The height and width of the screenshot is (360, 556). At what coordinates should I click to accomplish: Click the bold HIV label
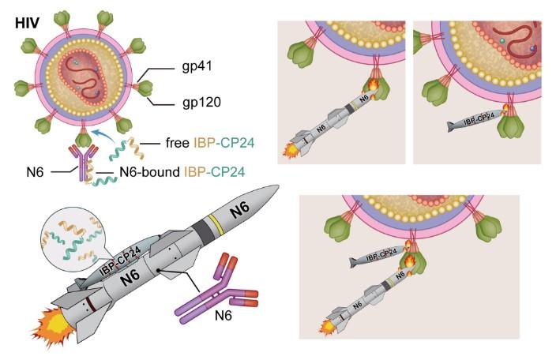(x=28, y=23)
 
